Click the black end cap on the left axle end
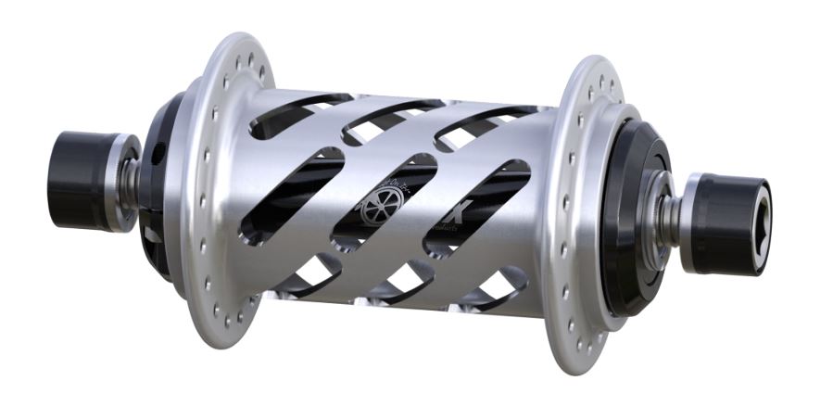pos(78,180)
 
